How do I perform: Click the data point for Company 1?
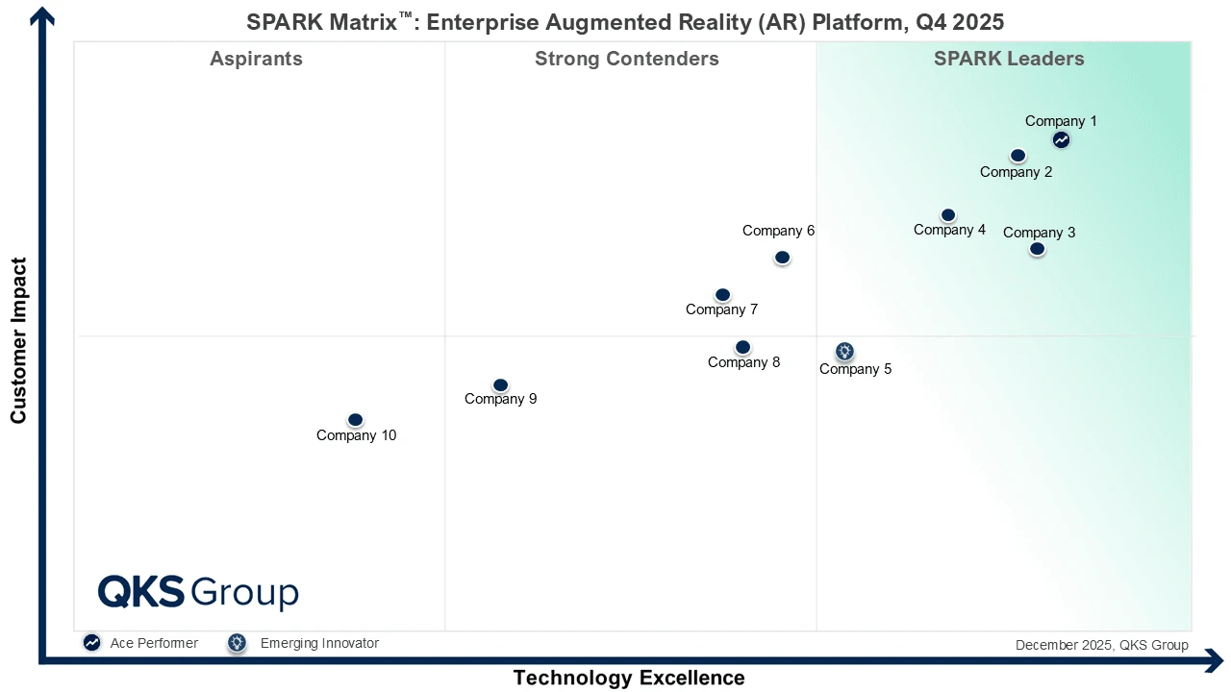(1061, 139)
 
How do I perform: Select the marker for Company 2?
(1017, 156)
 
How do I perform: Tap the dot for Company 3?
(1037, 249)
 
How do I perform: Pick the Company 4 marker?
(948, 215)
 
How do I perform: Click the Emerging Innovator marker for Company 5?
(844, 352)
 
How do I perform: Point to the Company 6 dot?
(783, 258)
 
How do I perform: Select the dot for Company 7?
(723, 295)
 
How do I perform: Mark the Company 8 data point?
(742, 347)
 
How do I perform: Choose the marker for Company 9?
(500, 385)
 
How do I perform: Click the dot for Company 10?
(355, 420)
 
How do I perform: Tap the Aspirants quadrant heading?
(256, 59)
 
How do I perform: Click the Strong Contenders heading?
(627, 59)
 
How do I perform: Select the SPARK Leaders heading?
(1009, 59)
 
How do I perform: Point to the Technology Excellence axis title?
(629, 678)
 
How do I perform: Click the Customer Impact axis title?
(18, 340)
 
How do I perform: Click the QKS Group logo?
(198, 592)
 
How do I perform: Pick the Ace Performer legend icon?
(91, 643)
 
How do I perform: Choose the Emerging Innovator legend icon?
(237, 643)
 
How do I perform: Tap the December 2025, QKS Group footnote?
(1101, 645)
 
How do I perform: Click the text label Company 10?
(356, 435)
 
